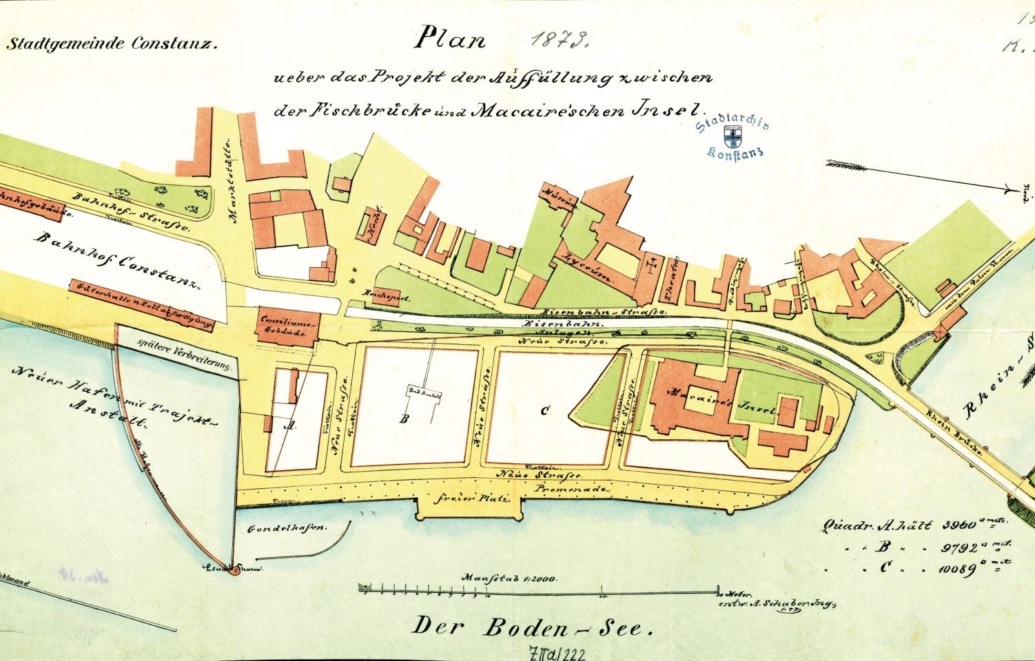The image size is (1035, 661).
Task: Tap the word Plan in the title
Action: click(x=449, y=39)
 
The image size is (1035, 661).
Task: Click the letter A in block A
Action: click(x=290, y=426)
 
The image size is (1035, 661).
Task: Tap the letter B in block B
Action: click(x=406, y=418)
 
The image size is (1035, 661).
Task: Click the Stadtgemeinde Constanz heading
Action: click(x=112, y=45)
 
